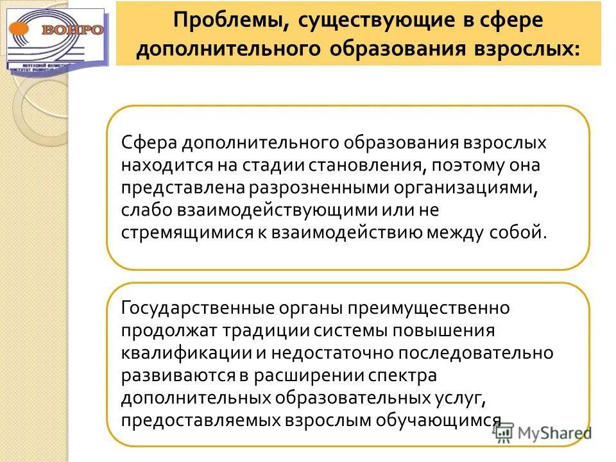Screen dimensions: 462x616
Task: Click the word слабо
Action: [143, 209]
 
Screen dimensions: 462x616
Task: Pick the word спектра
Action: [401, 375]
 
